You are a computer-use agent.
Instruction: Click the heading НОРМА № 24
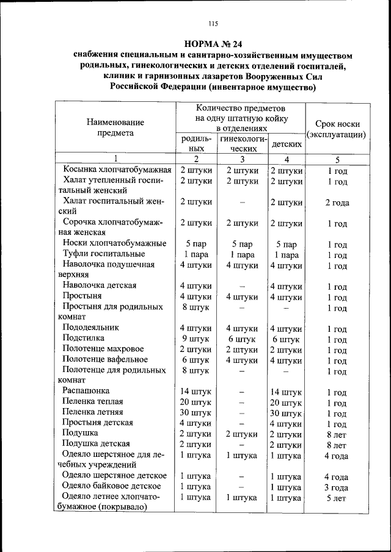213,44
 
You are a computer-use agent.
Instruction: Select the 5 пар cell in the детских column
286,244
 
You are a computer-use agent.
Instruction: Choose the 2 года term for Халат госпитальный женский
337,203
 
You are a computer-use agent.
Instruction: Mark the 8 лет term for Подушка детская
337,445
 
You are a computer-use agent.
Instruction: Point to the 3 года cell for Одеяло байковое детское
337,487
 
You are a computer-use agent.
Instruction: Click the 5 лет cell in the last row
337,498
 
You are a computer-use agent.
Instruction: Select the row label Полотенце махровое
103,349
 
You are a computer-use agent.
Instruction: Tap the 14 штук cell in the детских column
286,392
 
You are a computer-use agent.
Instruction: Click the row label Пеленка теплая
92,402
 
